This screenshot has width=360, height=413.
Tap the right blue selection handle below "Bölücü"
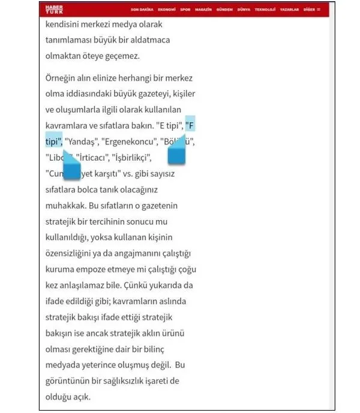click(176, 155)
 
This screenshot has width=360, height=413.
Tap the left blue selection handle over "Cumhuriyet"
click(71, 170)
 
